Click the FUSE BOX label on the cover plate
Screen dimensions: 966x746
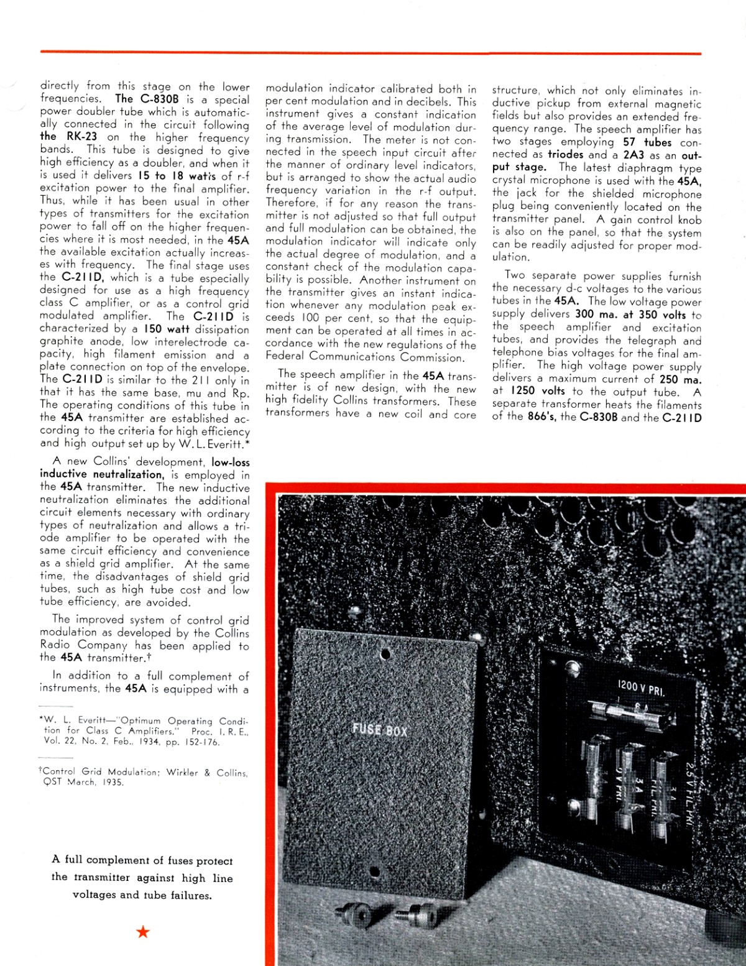click(379, 729)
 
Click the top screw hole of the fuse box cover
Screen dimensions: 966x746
click(385, 654)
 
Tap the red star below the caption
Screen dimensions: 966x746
click(143, 931)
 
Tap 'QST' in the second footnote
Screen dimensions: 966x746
click(52, 782)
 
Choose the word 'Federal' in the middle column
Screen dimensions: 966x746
click(285, 356)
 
